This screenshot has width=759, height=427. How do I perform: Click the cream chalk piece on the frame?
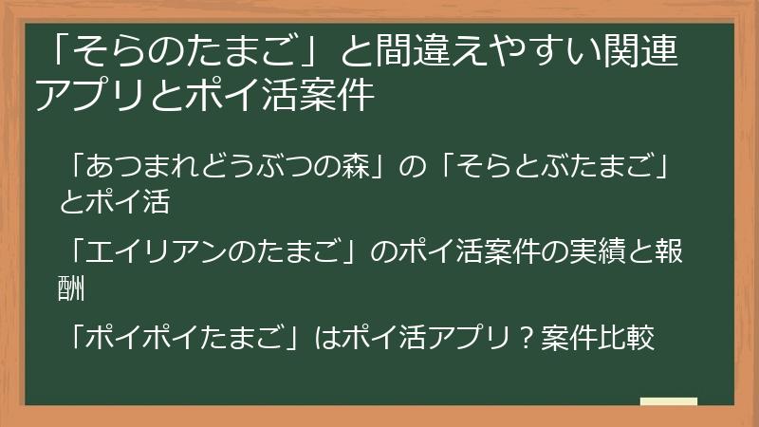(668, 401)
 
